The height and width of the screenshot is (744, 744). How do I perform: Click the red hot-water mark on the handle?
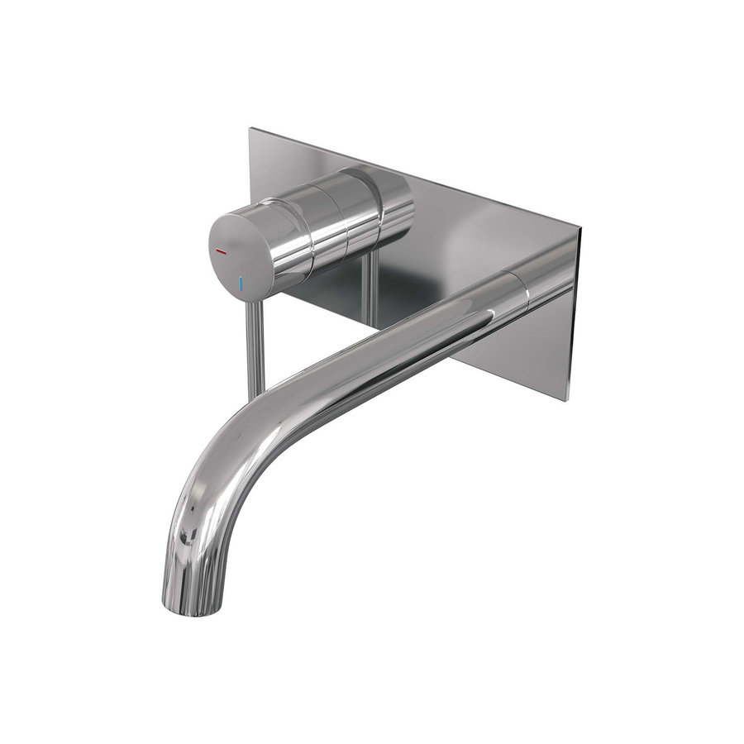pos(221,250)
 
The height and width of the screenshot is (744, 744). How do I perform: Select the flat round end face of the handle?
pos(239,254)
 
